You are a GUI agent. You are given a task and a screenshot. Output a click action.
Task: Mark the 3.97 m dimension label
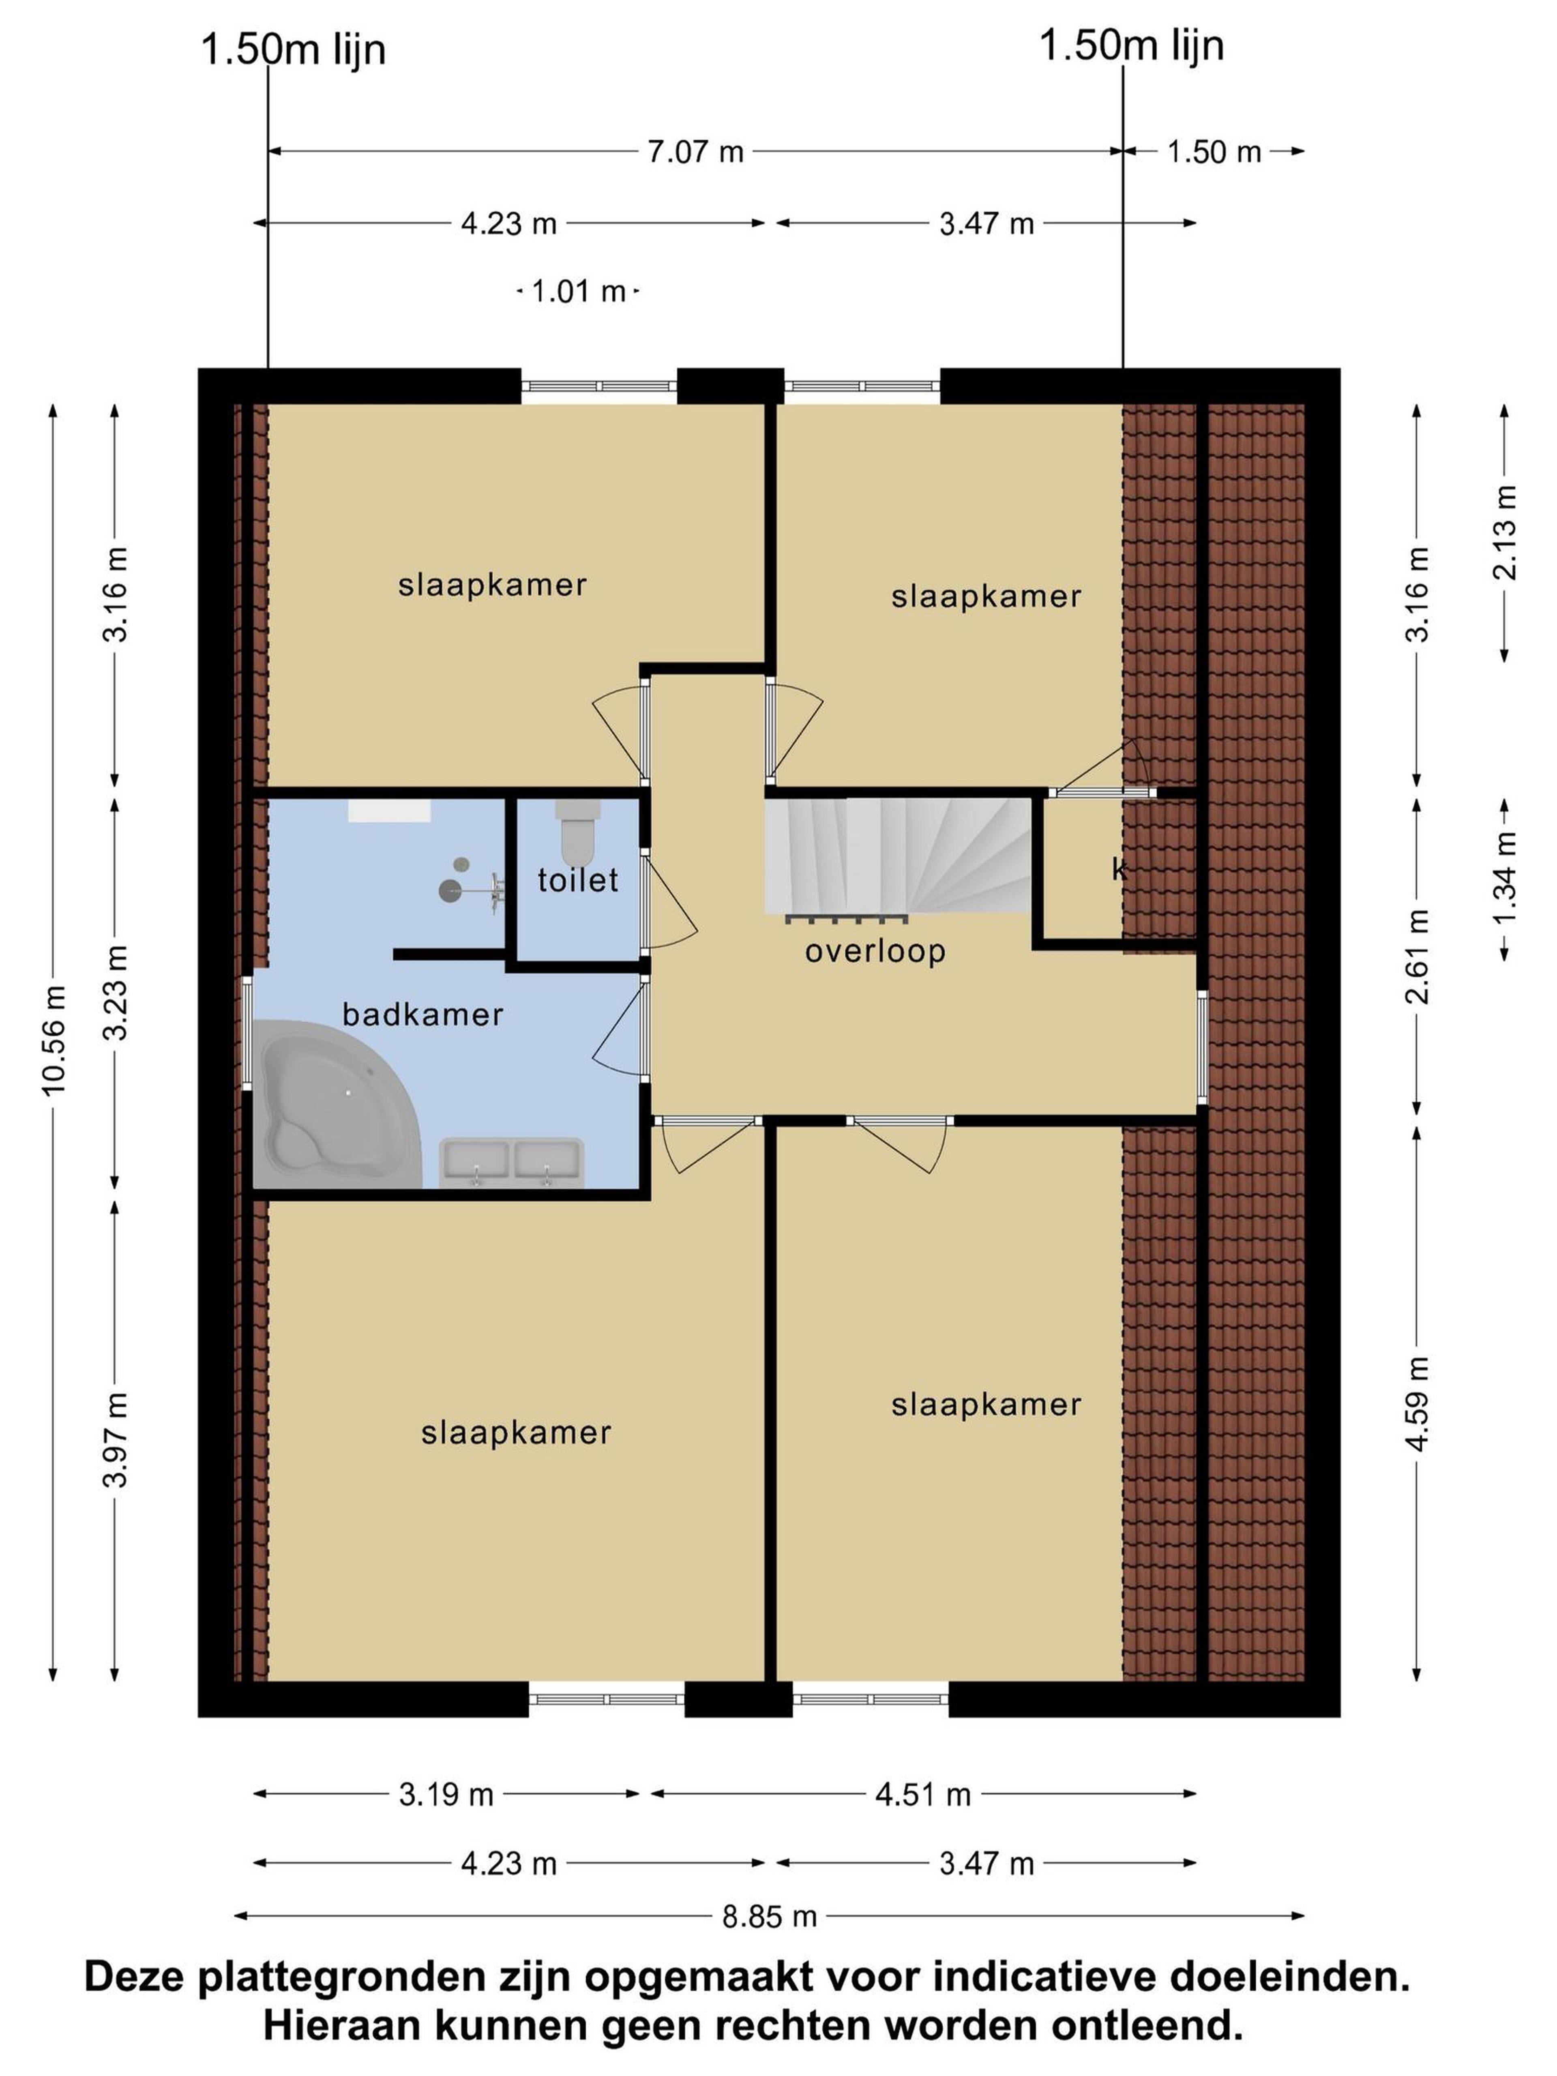[116, 1440]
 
